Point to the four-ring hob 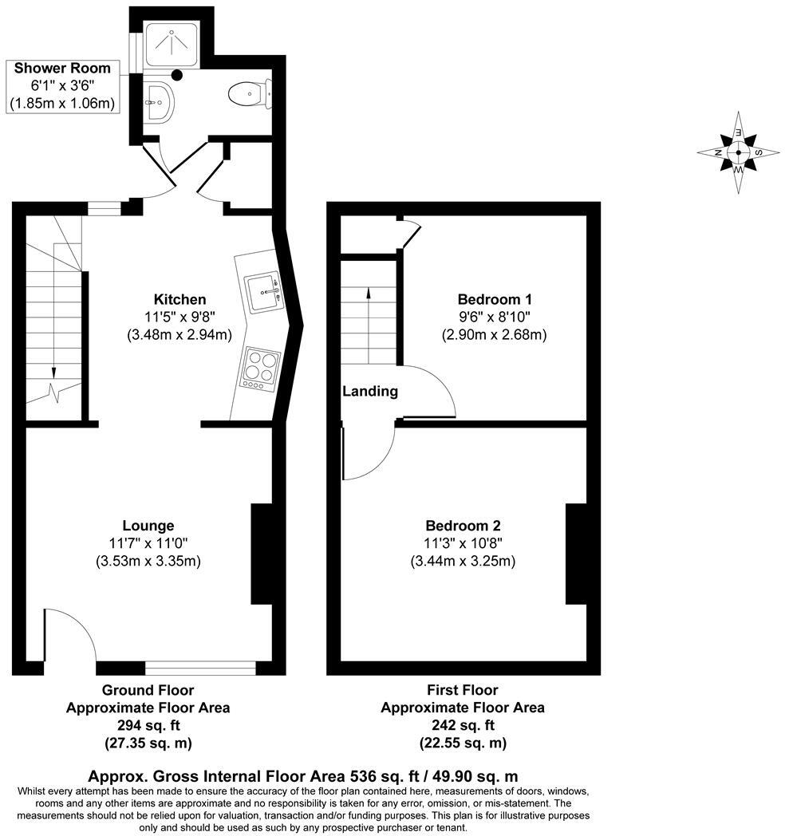coord(258,367)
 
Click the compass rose coord(739,152)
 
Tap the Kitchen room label coord(179,299)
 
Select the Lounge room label coord(148,526)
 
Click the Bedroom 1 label coord(495,299)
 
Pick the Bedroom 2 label coord(463,526)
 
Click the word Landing coord(370,392)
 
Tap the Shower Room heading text coord(62,68)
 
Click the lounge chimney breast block coord(262,553)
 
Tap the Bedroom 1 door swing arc coord(431,391)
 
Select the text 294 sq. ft coord(148,725)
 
